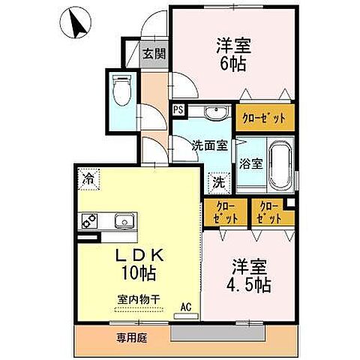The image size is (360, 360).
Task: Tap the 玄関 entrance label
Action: (154, 54)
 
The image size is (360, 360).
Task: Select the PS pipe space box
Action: (178, 109)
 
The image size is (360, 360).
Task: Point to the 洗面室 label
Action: (208, 145)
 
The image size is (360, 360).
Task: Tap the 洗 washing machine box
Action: (217, 180)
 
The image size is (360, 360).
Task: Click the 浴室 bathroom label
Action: (250, 162)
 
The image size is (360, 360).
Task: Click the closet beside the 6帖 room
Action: (265, 118)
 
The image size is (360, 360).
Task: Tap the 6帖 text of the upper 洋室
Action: (231, 64)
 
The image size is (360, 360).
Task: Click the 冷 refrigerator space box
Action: (88, 179)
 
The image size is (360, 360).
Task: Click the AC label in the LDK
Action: (187, 306)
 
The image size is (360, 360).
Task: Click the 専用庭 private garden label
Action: (133, 337)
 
